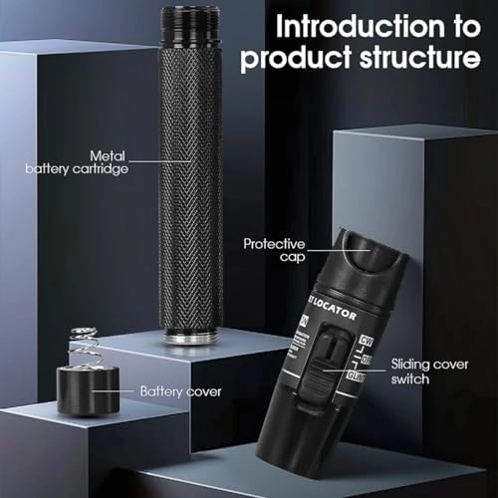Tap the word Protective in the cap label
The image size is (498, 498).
[x=272, y=242]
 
